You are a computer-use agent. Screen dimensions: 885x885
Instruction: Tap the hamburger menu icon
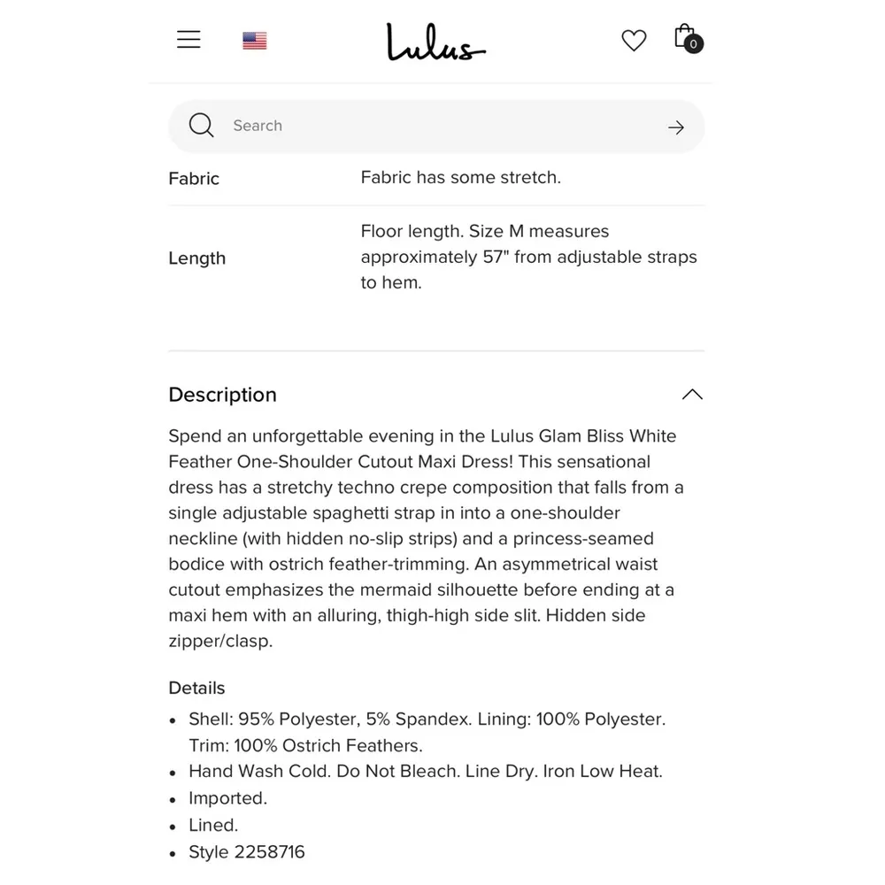pos(189,40)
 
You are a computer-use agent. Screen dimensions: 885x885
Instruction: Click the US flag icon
pos(255,41)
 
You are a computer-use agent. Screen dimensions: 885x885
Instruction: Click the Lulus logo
pos(435,42)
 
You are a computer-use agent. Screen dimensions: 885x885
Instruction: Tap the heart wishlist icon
pos(634,41)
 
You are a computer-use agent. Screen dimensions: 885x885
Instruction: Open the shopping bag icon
pos(687,38)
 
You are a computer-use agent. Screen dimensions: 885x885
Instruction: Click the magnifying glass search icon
pos(202,126)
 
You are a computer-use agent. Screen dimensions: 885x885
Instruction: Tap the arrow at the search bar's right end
pos(676,127)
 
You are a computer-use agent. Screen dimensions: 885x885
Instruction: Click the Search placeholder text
pos(258,126)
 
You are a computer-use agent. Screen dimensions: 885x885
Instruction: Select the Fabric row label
pos(194,179)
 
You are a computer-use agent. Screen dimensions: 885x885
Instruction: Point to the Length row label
pos(197,258)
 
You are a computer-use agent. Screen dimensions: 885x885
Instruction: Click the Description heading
pos(223,395)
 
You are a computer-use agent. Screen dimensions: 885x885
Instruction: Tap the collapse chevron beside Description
pos(692,395)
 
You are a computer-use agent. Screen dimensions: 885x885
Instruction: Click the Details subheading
pos(197,688)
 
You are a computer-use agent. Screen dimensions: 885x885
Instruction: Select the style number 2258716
pos(269,852)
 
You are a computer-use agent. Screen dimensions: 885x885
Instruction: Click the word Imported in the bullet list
pos(227,798)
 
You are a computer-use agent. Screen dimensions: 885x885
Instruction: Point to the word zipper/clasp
pos(220,641)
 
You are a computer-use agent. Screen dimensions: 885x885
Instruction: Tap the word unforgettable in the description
pos(307,436)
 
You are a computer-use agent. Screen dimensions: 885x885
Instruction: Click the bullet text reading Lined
pos(213,826)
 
